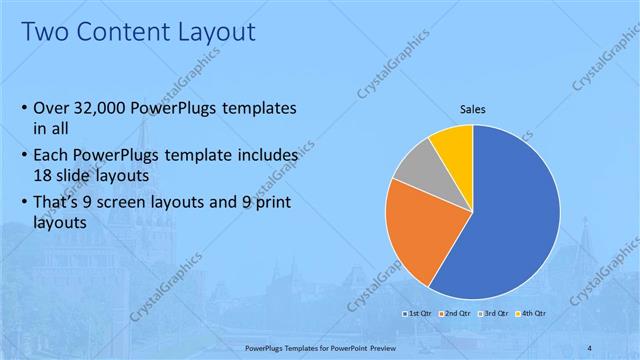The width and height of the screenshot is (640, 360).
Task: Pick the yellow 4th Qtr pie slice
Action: [454, 146]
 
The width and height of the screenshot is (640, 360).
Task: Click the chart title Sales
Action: [473, 110]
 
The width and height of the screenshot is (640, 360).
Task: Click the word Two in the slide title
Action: [46, 32]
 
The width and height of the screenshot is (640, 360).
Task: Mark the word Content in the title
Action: [118, 32]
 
